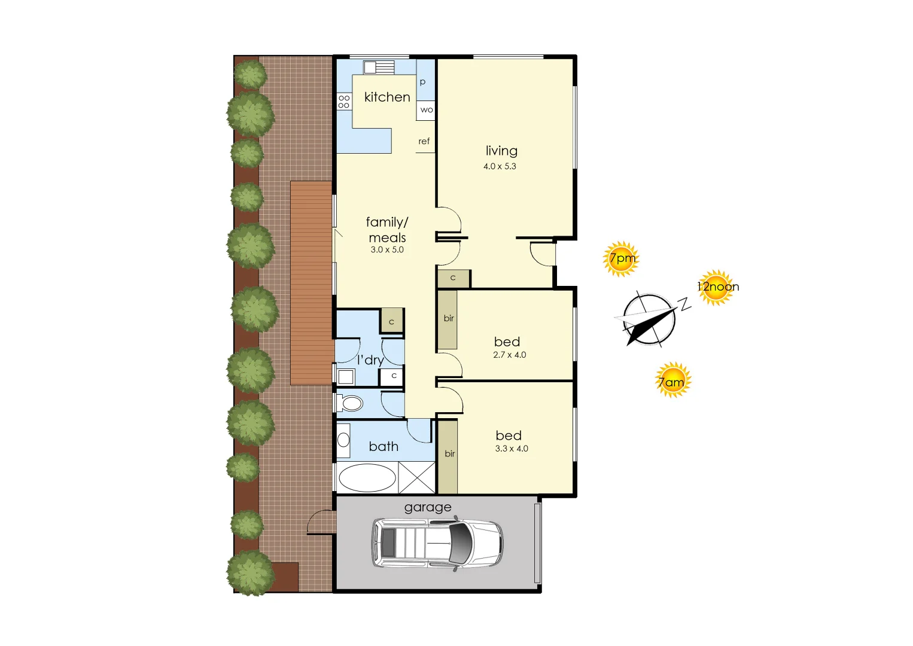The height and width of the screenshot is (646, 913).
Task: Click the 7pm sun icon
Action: pos(620,259)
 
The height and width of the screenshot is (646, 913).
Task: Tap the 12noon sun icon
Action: pos(716,287)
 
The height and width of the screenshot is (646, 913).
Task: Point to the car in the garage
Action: pos(437,543)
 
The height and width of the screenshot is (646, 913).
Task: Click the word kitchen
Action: pos(387,97)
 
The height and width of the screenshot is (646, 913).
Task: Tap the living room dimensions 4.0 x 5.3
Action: pos(500,166)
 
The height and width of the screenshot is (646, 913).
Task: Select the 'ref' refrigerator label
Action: pos(424,142)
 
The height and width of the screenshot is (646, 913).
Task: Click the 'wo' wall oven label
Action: pos(426,110)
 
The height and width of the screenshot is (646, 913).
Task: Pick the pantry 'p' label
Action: pos(422,82)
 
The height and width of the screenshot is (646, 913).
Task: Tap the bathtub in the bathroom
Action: pos(367,478)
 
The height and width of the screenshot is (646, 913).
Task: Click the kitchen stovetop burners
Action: pos(343,101)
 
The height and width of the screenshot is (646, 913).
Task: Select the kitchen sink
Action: pos(378,67)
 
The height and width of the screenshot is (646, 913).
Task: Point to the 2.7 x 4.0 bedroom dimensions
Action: pos(510,355)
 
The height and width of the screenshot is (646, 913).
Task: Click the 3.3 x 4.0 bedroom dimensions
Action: pos(512,449)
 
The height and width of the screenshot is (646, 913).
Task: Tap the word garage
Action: pos(428,507)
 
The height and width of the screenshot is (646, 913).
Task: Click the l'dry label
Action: pos(370,359)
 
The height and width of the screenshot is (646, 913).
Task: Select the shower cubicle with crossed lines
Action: pos(417,478)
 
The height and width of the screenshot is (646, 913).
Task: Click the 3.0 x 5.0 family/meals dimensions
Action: pos(387,250)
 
